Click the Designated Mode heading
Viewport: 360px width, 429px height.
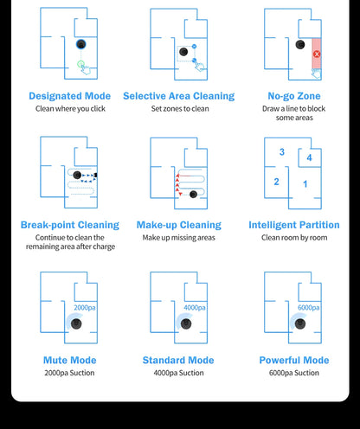70,96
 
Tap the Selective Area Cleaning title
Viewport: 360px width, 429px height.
179,96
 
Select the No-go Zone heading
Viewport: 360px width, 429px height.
294,96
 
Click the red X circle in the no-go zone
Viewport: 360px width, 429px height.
317,54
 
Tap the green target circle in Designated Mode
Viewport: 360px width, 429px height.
80,64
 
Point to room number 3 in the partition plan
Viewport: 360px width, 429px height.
282,152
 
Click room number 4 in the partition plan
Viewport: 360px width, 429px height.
309,157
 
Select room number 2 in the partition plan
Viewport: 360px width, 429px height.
276,182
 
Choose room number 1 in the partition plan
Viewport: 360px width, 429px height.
305,184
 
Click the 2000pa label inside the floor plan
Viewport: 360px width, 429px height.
85,308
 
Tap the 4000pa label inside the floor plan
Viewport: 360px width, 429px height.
195,308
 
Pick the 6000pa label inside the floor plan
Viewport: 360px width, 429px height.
309,308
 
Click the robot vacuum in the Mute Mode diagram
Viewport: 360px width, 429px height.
76,323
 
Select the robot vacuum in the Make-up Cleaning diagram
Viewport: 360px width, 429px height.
193,195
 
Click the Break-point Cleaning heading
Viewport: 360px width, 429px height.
70,225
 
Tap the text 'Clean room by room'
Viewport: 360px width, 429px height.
294,238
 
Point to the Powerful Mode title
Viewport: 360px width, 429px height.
294,360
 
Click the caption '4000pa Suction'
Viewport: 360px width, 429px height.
178,373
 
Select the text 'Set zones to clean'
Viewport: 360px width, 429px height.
180,109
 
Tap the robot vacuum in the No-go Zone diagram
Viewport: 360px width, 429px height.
300,45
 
